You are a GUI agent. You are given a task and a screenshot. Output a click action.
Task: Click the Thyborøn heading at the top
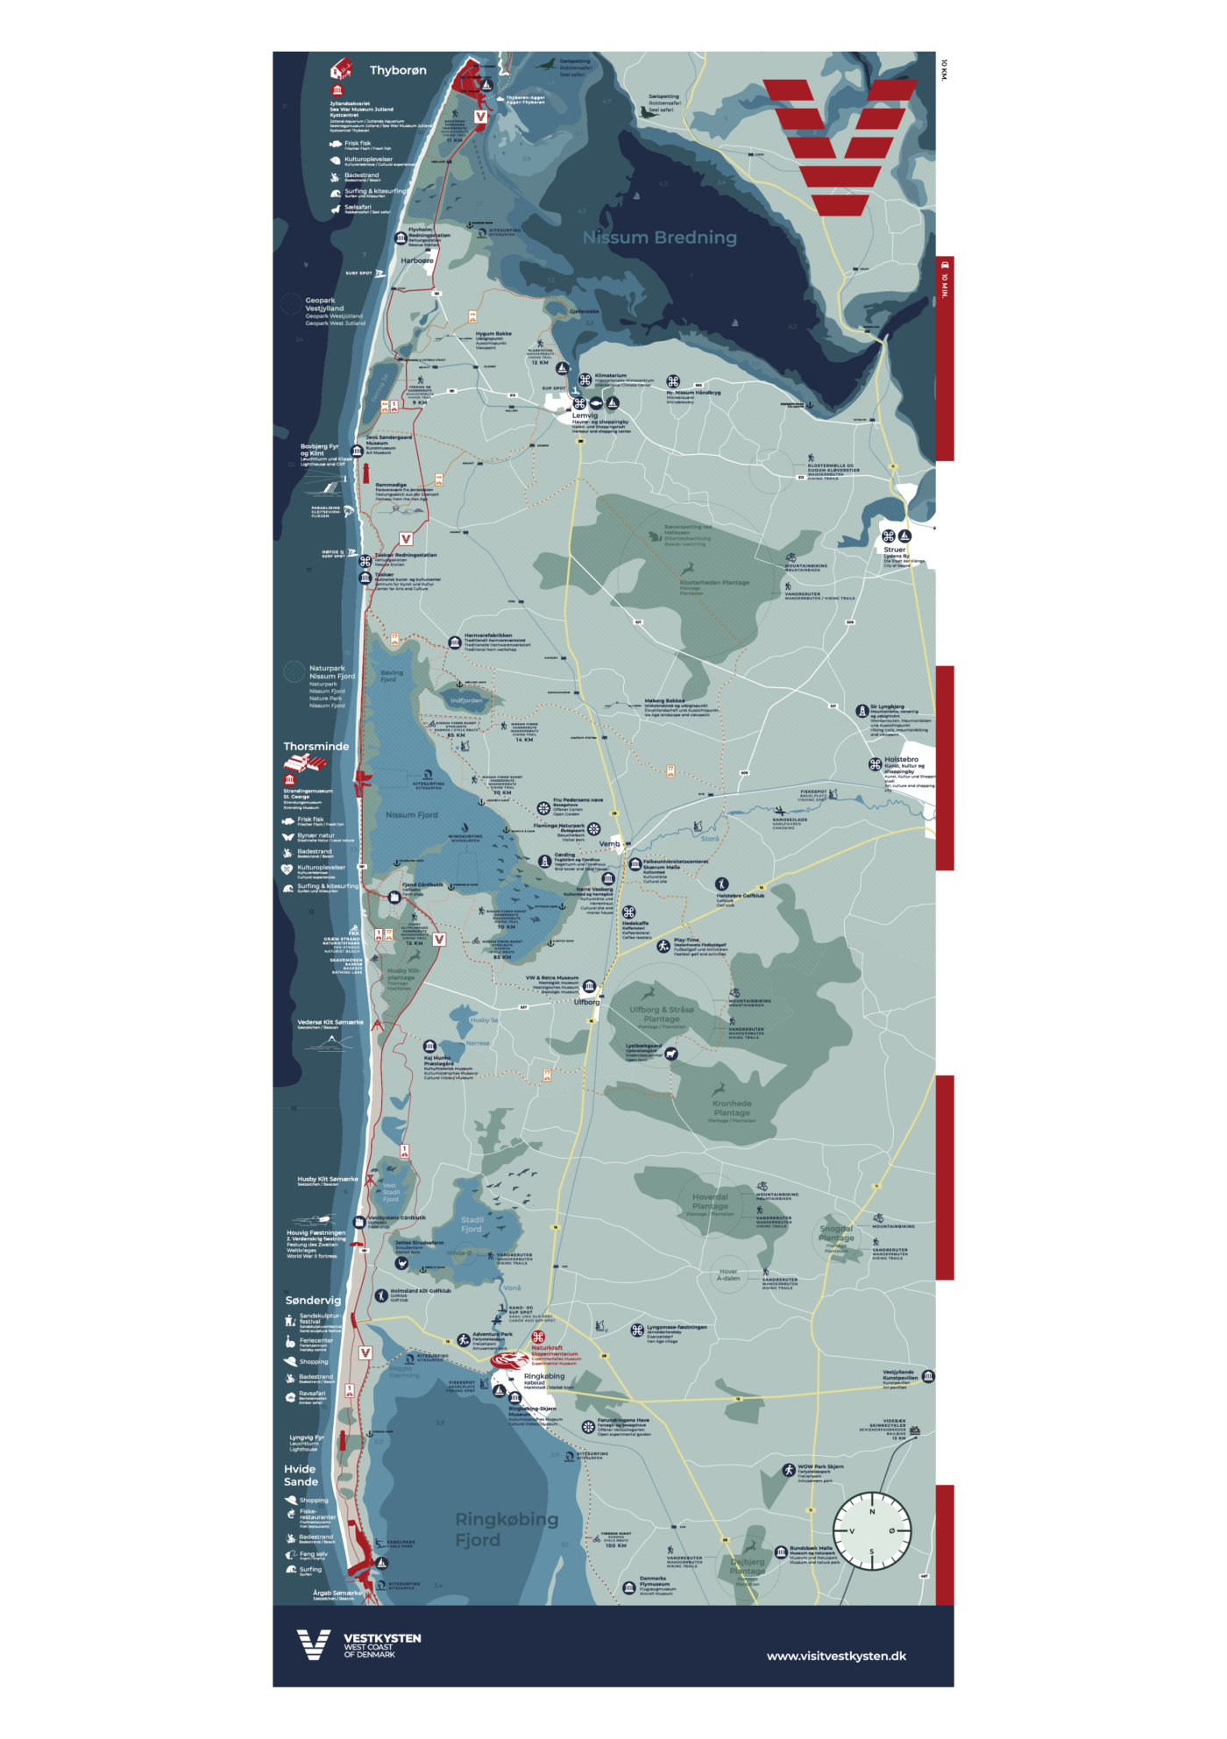tap(398, 70)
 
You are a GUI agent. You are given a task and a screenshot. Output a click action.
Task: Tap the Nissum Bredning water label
tap(659, 238)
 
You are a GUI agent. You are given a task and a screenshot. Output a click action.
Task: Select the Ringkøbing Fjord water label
tap(506, 1530)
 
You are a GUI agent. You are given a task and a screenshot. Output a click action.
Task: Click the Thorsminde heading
tap(316, 747)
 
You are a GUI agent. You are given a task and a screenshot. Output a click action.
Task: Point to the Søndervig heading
tap(313, 1300)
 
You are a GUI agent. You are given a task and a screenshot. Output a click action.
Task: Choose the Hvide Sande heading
tap(301, 1475)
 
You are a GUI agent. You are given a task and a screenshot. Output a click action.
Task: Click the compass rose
tap(871, 1531)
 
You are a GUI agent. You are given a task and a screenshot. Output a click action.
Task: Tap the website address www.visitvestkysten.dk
tap(836, 1656)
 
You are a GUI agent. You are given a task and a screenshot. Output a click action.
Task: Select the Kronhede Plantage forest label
tap(732, 1108)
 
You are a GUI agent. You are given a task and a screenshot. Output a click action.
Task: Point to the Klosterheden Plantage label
tap(714, 583)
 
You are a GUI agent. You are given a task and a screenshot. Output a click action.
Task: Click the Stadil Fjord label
tap(472, 1224)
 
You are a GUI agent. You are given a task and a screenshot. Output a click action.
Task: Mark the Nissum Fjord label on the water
tap(411, 815)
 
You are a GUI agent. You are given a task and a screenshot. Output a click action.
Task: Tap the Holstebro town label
tap(901, 759)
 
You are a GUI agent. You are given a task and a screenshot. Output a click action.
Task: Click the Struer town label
tap(894, 550)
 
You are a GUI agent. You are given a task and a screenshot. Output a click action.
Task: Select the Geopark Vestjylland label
tap(324, 304)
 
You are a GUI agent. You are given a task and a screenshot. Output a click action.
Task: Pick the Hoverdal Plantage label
tap(710, 1202)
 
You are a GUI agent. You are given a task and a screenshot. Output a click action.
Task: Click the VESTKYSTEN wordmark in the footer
tap(382, 1638)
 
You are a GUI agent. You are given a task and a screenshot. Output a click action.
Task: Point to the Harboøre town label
tap(417, 260)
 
